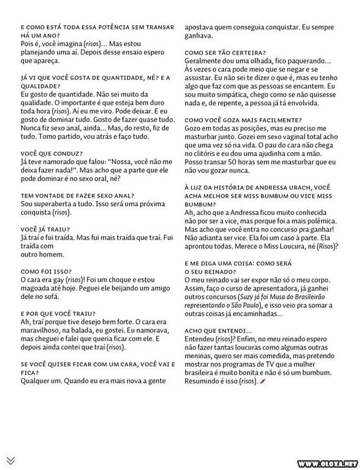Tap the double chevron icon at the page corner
[x=11, y=461]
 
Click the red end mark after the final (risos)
[x=261, y=381]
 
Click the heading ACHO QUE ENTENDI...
[x=218, y=330]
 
